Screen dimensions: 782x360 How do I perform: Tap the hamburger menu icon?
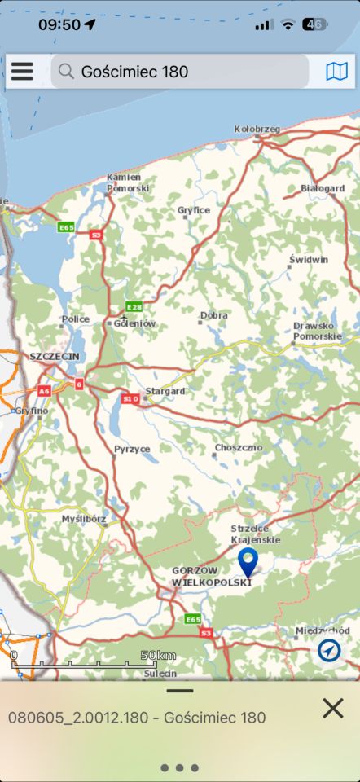click(x=22, y=72)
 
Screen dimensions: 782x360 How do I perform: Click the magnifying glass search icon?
click(x=67, y=72)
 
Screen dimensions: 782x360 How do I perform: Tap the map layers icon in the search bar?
click(x=336, y=72)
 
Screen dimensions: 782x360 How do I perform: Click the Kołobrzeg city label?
click(x=257, y=129)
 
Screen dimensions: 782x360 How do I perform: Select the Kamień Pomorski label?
click(x=124, y=182)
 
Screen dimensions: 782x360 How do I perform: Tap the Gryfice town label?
click(x=194, y=210)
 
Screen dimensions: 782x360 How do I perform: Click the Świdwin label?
click(x=309, y=259)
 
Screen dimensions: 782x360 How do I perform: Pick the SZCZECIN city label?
click(x=55, y=357)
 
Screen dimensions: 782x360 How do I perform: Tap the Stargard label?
click(x=165, y=391)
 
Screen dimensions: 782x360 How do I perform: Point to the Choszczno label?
click(x=239, y=448)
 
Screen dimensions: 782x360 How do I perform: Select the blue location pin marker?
click(x=248, y=560)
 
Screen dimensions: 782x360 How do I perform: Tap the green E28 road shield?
click(x=134, y=307)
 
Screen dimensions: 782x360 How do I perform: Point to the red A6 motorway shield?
click(x=43, y=391)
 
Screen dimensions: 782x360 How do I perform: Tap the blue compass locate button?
click(x=330, y=650)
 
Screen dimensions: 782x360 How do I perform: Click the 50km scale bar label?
click(x=158, y=655)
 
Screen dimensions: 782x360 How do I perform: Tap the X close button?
click(x=332, y=708)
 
